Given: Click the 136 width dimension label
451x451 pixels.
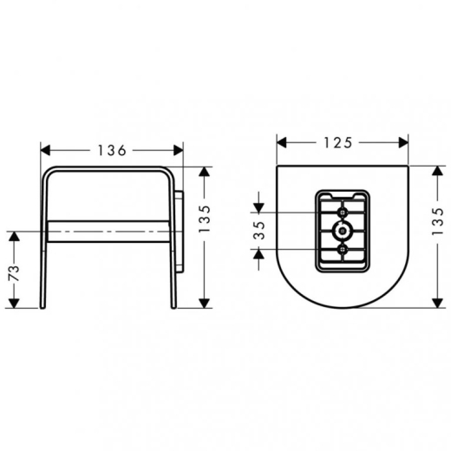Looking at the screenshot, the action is (x=112, y=150).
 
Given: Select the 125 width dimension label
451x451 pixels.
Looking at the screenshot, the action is (x=338, y=142).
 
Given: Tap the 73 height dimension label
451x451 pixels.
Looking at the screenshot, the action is (x=14, y=273).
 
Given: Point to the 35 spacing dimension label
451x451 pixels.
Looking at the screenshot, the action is (x=259, y=231).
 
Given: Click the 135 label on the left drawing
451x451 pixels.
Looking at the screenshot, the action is (x=204, y=219).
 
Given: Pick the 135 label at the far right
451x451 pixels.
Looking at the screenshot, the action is (x=438, y=221).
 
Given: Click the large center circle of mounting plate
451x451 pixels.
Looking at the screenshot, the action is (x=343, y=231).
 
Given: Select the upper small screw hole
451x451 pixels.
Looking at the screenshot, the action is (x=343, y=212).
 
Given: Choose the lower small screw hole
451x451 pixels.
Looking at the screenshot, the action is (x=343, y=249).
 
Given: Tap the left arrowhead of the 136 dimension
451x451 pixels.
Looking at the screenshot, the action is (x=45, y=150).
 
